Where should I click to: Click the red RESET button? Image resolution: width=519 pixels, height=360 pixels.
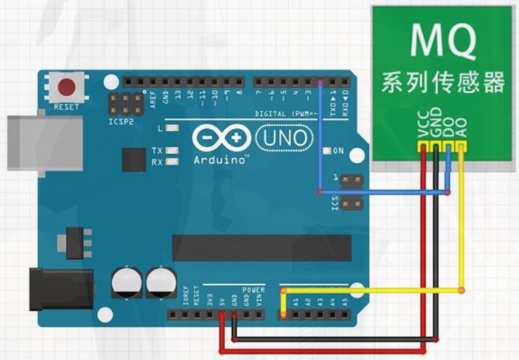pyautogui.click(x=66, y=87)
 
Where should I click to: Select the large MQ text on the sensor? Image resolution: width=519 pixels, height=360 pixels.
pyautogui.click(x=442, y=41)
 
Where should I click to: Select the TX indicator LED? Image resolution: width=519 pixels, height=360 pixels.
pyautogui.click(x=172, y=150)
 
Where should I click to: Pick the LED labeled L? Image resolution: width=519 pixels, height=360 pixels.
pyautogui.click(x=172, y=129)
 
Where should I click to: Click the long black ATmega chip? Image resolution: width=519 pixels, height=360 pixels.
pyautogui.click(x=261, y=247)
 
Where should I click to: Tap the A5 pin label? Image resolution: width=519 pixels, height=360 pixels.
pyautogui.click(x=345, y=300)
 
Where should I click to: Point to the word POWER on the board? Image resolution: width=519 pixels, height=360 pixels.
pyautogui.click(x=253, y=290)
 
